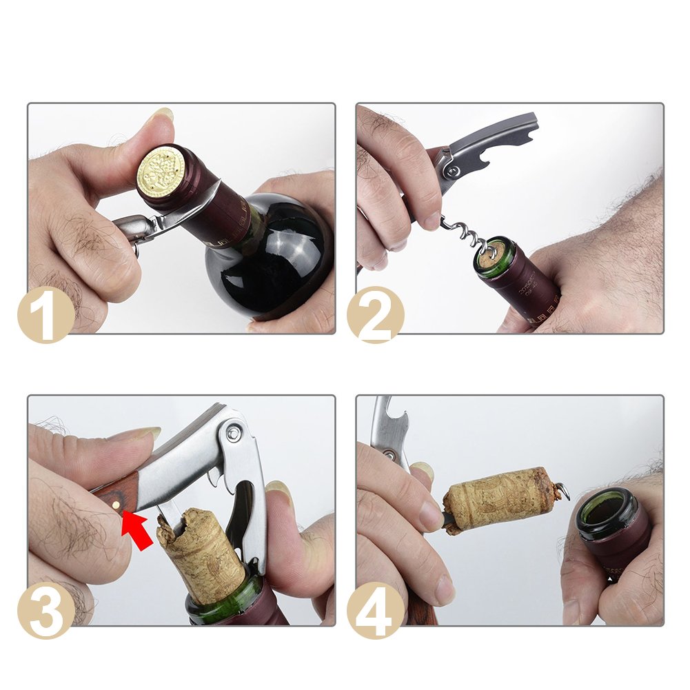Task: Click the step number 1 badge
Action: click(x=45, y=314)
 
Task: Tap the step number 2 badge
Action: click(x=375, y=314)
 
